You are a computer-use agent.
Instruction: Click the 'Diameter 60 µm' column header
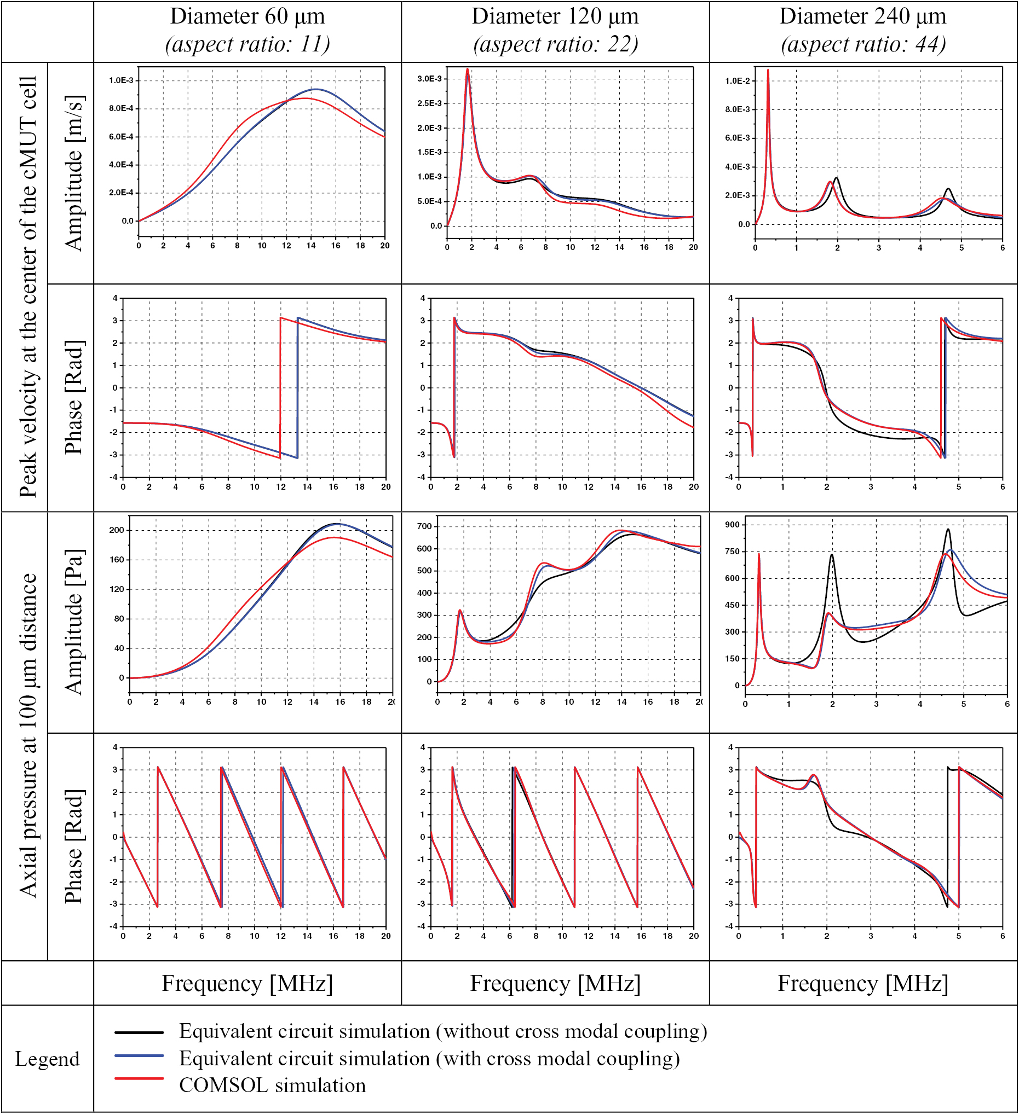(247, 16)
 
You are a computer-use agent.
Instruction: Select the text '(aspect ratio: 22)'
(555, 44)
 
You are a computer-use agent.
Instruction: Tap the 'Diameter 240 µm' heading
(862, 16)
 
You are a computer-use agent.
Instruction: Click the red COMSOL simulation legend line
(139, 1078)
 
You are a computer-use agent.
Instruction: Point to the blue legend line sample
(139, 1055)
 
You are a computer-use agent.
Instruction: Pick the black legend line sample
(139, 1032)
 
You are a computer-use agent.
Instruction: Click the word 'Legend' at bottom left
(47, 1059)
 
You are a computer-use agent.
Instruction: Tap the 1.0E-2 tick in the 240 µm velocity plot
(738, 81)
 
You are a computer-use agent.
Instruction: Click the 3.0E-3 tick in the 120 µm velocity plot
(429, 79)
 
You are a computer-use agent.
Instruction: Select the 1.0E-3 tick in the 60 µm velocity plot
(121, 80)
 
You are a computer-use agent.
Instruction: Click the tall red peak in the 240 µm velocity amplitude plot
(768, 71)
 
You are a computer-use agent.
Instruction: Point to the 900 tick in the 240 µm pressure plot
(732, 524)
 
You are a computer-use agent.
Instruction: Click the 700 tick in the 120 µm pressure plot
(425, 526)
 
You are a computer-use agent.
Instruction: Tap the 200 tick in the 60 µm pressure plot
(117, 530)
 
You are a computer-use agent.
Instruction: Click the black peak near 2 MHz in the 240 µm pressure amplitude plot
(832, 555)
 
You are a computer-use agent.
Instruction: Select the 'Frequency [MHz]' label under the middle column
(555, 984)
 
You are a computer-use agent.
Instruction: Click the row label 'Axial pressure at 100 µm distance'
(27, 735)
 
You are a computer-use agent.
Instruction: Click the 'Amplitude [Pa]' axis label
(73, 622)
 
